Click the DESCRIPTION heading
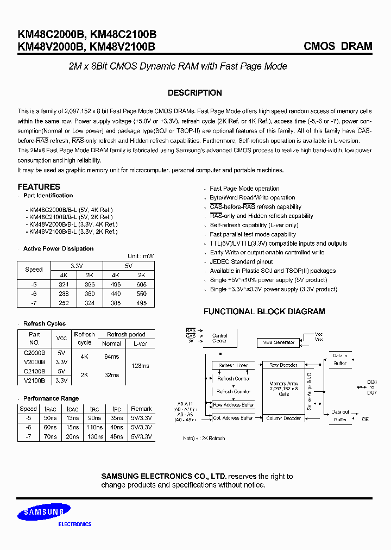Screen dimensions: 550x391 [195, 93]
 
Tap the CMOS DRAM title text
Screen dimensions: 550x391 [338, 46]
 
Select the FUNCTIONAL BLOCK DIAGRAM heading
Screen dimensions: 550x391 [264, 311]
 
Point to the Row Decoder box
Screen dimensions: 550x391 [283, 365]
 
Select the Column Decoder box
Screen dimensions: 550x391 [283, 418]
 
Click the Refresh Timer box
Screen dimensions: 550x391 [232, 365]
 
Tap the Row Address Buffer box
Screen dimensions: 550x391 [234, 405]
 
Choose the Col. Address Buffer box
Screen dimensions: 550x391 [234, 418]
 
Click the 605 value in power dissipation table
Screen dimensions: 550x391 [141, 284]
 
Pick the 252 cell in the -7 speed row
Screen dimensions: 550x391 [64, 303]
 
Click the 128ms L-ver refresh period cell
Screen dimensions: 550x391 [140, 366]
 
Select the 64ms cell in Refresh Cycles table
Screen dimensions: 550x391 [111, 357]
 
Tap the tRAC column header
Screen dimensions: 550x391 [50, 409]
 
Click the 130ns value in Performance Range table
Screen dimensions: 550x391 [94, 436]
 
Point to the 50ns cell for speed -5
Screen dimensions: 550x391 [50, 418]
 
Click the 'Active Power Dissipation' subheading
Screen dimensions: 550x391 [58, 248]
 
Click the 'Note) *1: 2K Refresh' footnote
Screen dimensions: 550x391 [204, 438]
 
